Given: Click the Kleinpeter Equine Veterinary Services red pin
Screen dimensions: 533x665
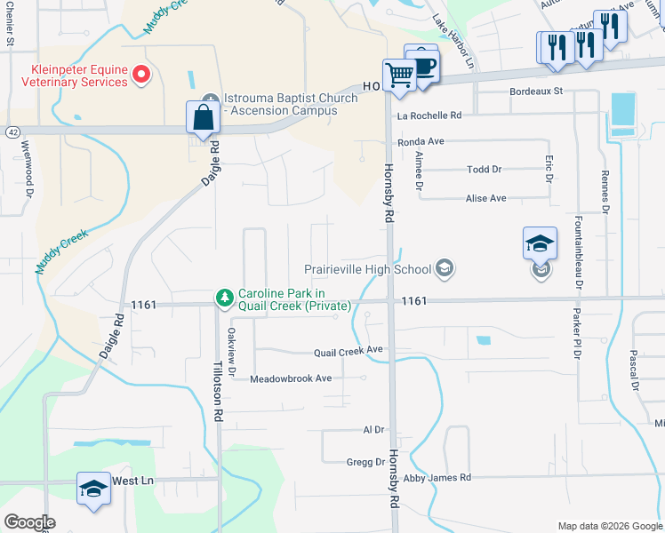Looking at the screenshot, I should coord(140,76).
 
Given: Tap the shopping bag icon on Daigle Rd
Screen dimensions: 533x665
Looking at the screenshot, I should coord(204,118).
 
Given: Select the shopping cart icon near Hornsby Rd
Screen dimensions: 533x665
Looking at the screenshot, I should coord(399,76).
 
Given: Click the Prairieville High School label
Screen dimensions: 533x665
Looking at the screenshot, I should coord(367,268).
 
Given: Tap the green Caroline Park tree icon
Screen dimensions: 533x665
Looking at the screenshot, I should coord(226,298).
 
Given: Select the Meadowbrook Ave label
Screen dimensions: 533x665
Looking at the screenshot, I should coord(290,378).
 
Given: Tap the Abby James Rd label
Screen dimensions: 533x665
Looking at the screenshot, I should coord(437,478).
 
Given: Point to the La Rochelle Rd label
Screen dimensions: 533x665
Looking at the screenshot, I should coord(429,115).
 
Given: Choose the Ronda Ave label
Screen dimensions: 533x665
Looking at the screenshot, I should coord(421,141).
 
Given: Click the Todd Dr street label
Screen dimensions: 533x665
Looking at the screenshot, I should coord(485,169).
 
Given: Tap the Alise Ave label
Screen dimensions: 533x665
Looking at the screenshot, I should coord(485,198).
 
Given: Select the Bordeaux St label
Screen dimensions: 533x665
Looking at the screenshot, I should coord(536,91).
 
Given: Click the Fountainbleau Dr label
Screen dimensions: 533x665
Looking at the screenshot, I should coord(579,252).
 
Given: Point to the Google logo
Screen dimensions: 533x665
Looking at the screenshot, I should coord(28,522).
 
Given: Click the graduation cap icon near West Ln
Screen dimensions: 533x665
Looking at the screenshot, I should coord(92,489).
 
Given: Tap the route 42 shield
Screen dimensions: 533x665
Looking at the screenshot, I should coord(12,131).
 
